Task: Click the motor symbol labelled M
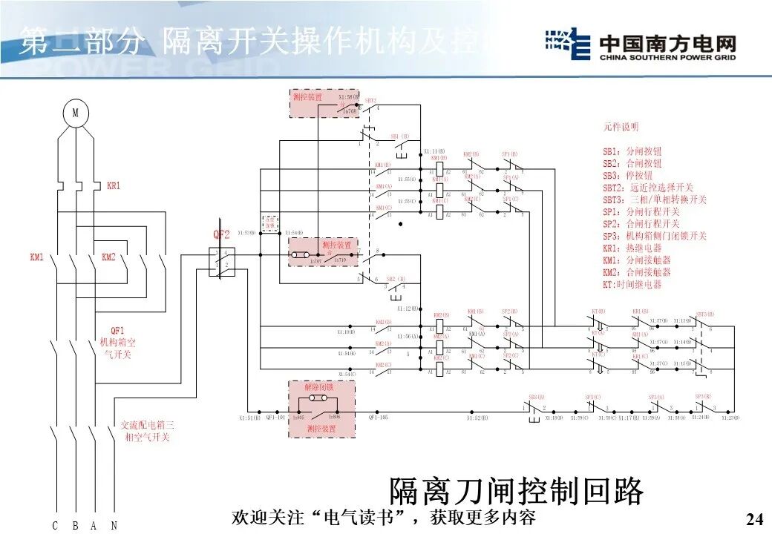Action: click(x=75, y=113)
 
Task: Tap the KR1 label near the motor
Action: click(x=113, y=185)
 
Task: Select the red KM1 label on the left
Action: click(x=37, y=257)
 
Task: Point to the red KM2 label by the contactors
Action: click(x=108, y=257)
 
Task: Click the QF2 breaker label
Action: click(x=222, y=235)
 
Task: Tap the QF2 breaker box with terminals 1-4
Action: click(x=222, y=263)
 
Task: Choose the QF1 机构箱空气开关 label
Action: click(x=118, y=343)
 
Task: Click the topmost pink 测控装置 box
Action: click(x=314, y=103)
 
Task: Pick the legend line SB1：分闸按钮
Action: click(x=632, y=150)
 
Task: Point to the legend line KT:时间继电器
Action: click(x=632, y=284)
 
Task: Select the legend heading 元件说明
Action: click(x=620, y=128)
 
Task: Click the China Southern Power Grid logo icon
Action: click(x=567, y=44)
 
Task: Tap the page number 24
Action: click(x=753, y=518)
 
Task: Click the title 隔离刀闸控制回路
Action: click(x=516, y=491)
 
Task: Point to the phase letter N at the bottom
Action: click(x=114, y=526)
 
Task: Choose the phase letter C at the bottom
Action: click(x=55, y=526)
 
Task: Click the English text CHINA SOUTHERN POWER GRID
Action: click(x=667, y=57)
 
